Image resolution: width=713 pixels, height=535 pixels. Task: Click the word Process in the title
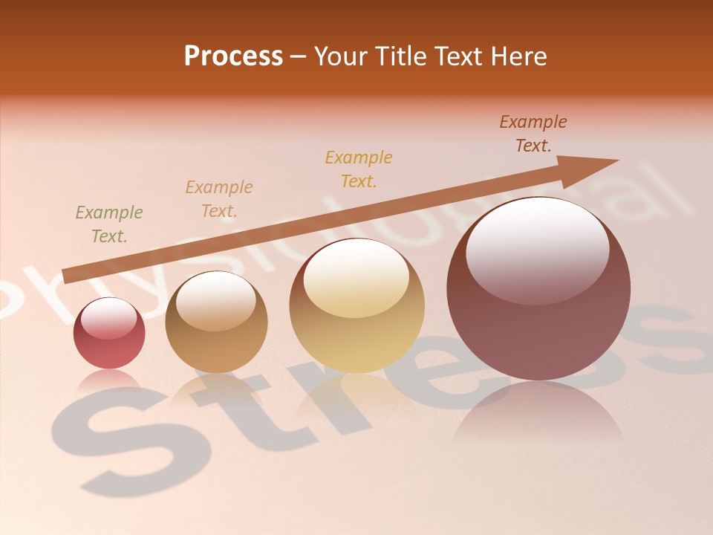233,56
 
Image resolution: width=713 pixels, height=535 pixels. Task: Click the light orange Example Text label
219,199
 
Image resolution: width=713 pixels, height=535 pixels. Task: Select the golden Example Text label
359,169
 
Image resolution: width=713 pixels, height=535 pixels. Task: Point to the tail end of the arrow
67,276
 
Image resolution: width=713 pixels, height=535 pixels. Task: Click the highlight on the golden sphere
356,279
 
